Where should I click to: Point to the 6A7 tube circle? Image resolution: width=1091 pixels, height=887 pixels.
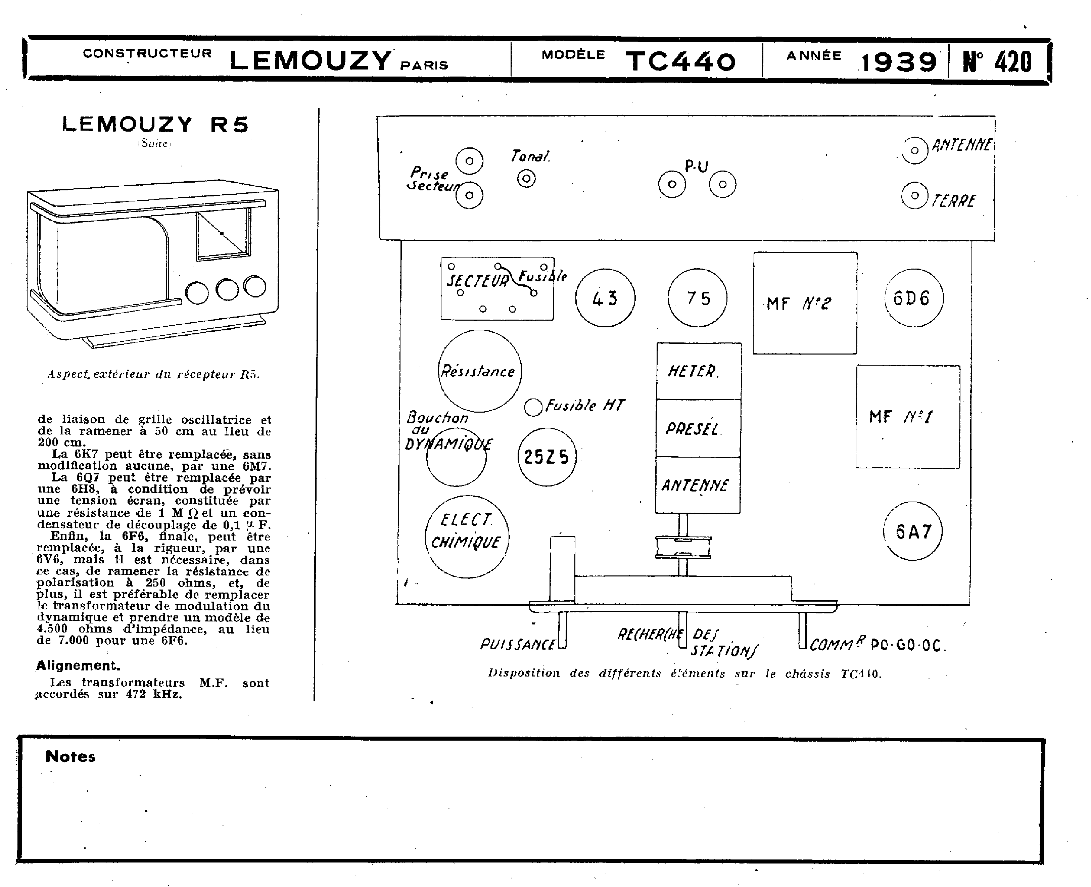[x=913, y=531]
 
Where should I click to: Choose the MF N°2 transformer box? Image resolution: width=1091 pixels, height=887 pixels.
[x=805, y=303]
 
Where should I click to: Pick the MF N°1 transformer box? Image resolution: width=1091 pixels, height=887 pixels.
[x=908, y=416]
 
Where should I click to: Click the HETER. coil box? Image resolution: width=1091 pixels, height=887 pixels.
[x=699, y=371]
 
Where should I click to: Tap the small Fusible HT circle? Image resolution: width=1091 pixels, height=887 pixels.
[x=533, y=407]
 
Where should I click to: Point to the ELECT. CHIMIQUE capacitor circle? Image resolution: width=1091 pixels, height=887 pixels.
[x=467, y=536]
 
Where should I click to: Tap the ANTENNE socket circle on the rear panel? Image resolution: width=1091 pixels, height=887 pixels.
[x=914, y=150]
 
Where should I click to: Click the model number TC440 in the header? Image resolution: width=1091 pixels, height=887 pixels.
[x=680, y=61]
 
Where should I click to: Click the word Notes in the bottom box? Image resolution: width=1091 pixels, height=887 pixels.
[x=70, y=757]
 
